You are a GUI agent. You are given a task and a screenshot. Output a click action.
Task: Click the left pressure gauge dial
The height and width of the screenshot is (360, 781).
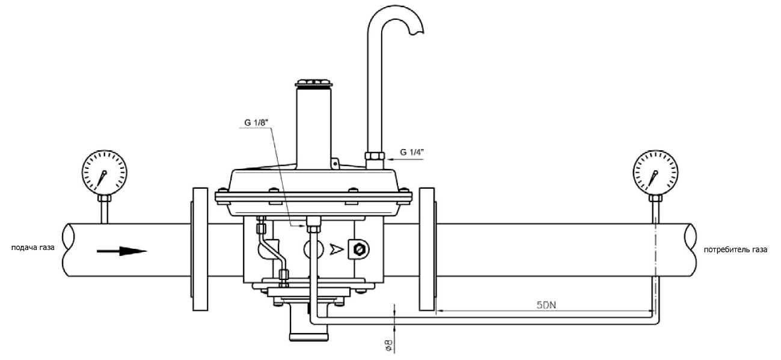point(104,172)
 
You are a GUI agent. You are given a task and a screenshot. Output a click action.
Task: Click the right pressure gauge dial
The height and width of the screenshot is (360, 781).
point(655,172)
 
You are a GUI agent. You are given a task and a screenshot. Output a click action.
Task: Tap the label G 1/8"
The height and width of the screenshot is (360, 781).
point(256,123)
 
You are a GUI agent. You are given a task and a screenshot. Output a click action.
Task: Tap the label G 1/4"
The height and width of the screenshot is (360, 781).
point(412,152)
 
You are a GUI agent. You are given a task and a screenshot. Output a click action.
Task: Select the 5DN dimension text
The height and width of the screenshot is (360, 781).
point(546,305)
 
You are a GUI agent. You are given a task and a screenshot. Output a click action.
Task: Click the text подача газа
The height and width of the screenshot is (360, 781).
point(33,248)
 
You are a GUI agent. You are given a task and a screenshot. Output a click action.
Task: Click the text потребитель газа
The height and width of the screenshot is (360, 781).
point(735,250)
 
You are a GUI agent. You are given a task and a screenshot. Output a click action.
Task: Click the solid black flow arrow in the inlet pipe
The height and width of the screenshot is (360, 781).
point(122,251)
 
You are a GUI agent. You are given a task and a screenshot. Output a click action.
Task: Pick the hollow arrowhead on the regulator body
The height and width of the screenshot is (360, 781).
point(337,249)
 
